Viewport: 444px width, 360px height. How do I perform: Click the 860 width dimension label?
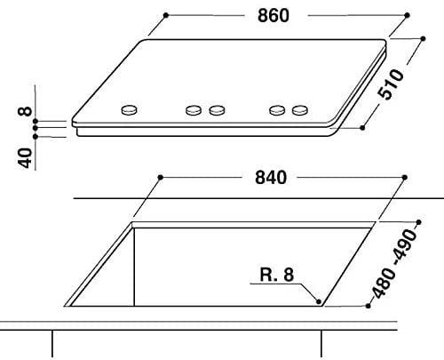274,15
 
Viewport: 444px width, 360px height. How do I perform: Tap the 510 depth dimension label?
391,84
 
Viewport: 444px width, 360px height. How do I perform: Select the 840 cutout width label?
271,178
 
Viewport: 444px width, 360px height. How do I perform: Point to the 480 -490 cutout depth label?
394,263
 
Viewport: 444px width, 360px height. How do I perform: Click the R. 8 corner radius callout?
277,275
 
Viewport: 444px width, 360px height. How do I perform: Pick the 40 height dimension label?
26,158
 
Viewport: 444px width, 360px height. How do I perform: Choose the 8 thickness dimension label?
25,111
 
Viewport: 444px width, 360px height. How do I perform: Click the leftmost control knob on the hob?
130,109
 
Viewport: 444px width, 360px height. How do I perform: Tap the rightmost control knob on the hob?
300,110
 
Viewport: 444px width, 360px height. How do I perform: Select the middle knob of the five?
217,110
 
